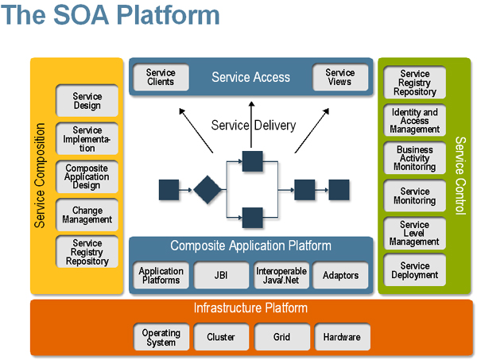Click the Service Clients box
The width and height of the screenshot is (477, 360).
click(161, 77)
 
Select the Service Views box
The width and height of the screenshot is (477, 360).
click(340, 77)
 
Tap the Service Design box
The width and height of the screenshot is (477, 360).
click(87, 102)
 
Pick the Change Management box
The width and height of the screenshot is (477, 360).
click(87, 215)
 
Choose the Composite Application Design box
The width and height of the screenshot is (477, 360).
click(87, 177)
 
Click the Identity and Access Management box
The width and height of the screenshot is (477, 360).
click(415, 121)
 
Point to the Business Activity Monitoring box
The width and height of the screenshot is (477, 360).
click(415, 158)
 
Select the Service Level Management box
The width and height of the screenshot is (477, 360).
click(415, 233)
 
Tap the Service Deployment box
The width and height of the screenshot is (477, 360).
click(415, 271)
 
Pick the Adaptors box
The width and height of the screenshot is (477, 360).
click(341, 276)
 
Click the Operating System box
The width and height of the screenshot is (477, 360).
click(161, 338)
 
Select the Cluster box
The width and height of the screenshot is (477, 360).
click(221, 338)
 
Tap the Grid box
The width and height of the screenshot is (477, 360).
click(281, 338)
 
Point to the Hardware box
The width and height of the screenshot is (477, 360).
click(342, 338)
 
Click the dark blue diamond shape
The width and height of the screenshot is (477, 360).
click(207, 190)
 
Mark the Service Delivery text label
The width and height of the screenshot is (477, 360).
click(254, 125)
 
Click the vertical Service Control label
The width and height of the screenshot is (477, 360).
click(460, 176)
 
